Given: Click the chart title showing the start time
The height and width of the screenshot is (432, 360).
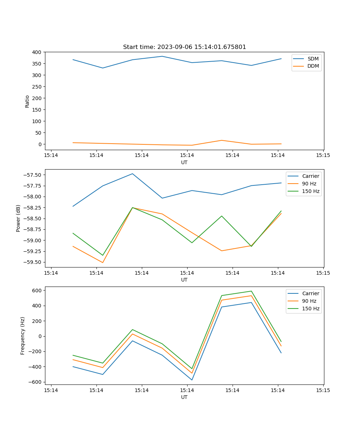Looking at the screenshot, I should click(x=184, y=47).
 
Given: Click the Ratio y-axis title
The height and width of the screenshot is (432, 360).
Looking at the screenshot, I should click(x=27, y=101).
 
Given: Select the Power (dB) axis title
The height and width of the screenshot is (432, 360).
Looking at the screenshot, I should click(x=18, y=218).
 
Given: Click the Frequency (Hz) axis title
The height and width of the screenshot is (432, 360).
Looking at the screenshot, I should click(x=23, y=336).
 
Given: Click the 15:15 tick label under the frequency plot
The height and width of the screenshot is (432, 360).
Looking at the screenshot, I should click(x=323, y=390).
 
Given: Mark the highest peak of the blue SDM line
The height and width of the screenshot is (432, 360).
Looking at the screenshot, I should click(x=162, y=56).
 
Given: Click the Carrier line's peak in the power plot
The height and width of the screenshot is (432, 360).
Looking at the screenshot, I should click(x=132, y=174).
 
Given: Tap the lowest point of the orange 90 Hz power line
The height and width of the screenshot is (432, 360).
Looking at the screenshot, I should click(x=103, y=262).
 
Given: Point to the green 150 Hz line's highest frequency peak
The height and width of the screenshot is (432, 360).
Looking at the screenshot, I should click(x=251, y=291).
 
